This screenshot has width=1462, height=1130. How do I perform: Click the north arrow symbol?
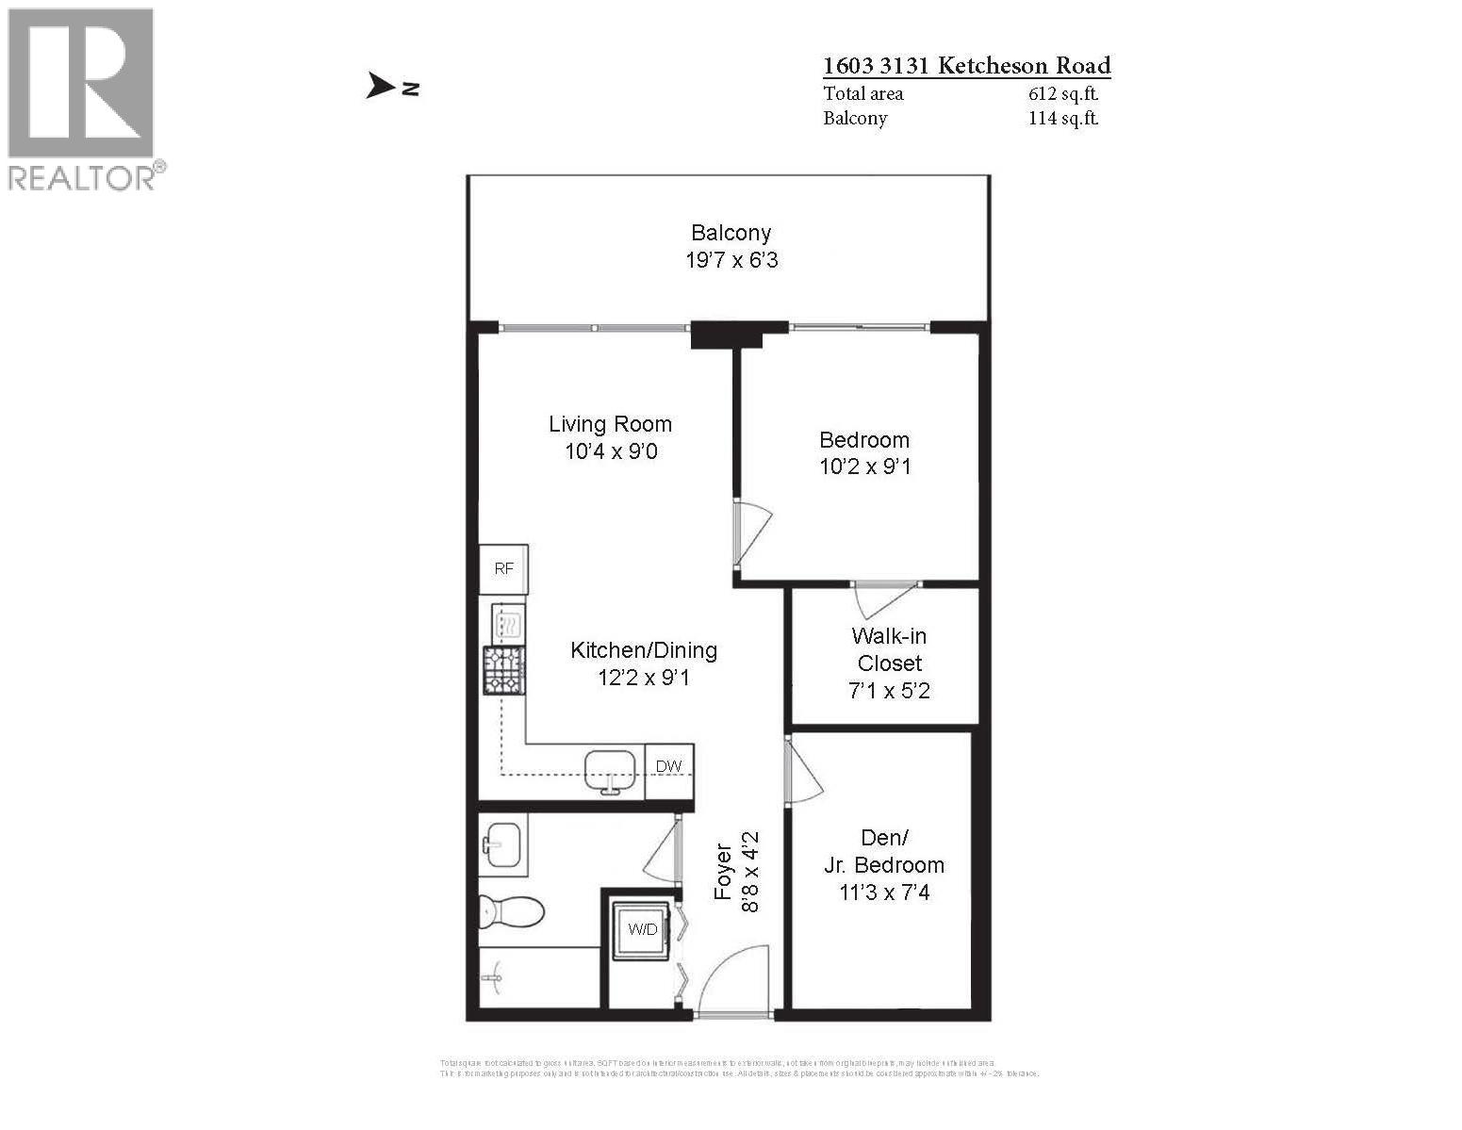tap(381, 87)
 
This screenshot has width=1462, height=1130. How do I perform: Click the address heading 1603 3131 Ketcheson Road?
tap(966, 66)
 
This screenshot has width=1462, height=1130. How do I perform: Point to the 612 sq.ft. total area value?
tap(1063, 93)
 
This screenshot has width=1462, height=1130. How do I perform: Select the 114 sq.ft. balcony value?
tap(1063, 118)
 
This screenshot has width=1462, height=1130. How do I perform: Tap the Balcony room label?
tap(731, 233)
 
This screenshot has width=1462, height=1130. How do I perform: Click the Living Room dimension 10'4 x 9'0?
tap(611, 451)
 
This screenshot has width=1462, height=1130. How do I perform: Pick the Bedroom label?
tap(864, 439)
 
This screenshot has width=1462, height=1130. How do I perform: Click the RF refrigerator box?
tap(504, 569)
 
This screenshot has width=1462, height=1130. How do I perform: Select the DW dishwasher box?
tap(669, 766)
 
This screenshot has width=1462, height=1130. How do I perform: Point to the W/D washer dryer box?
tap(643, 929)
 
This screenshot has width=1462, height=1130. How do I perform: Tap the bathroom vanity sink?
tap(502, 842)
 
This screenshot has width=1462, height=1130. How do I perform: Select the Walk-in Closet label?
tap(889, 649)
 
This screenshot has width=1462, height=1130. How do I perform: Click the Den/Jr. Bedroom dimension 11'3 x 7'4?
tap(884, 892)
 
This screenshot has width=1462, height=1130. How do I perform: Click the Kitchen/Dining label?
tap(644, 650)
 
